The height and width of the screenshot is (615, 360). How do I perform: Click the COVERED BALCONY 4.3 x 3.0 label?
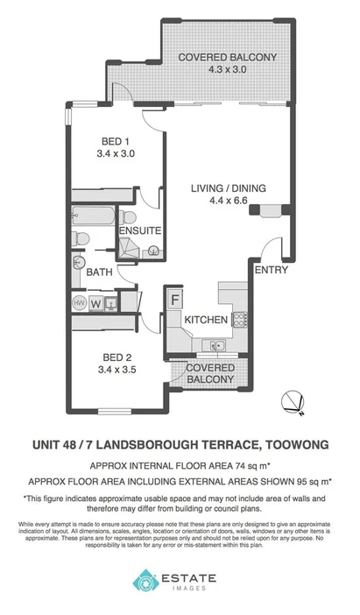(227, 65)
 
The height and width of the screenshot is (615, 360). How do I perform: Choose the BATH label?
(99, 272)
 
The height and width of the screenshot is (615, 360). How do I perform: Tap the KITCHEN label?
(207, 320)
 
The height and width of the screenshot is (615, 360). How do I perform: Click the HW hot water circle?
(79, 303)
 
